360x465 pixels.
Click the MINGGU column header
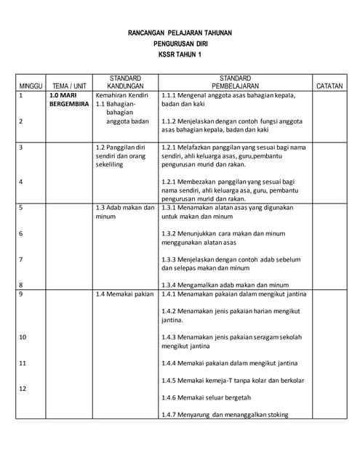coord(31,86)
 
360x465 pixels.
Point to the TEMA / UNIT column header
coord(70,86)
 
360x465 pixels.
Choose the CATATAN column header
coord(329,86)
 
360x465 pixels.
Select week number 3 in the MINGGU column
coord(21,147)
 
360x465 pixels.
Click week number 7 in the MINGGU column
coord(21,259)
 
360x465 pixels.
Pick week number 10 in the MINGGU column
coord(23,337)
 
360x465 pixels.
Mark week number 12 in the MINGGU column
coord(23,389)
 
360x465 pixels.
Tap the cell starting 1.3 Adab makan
coord(125,211)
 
